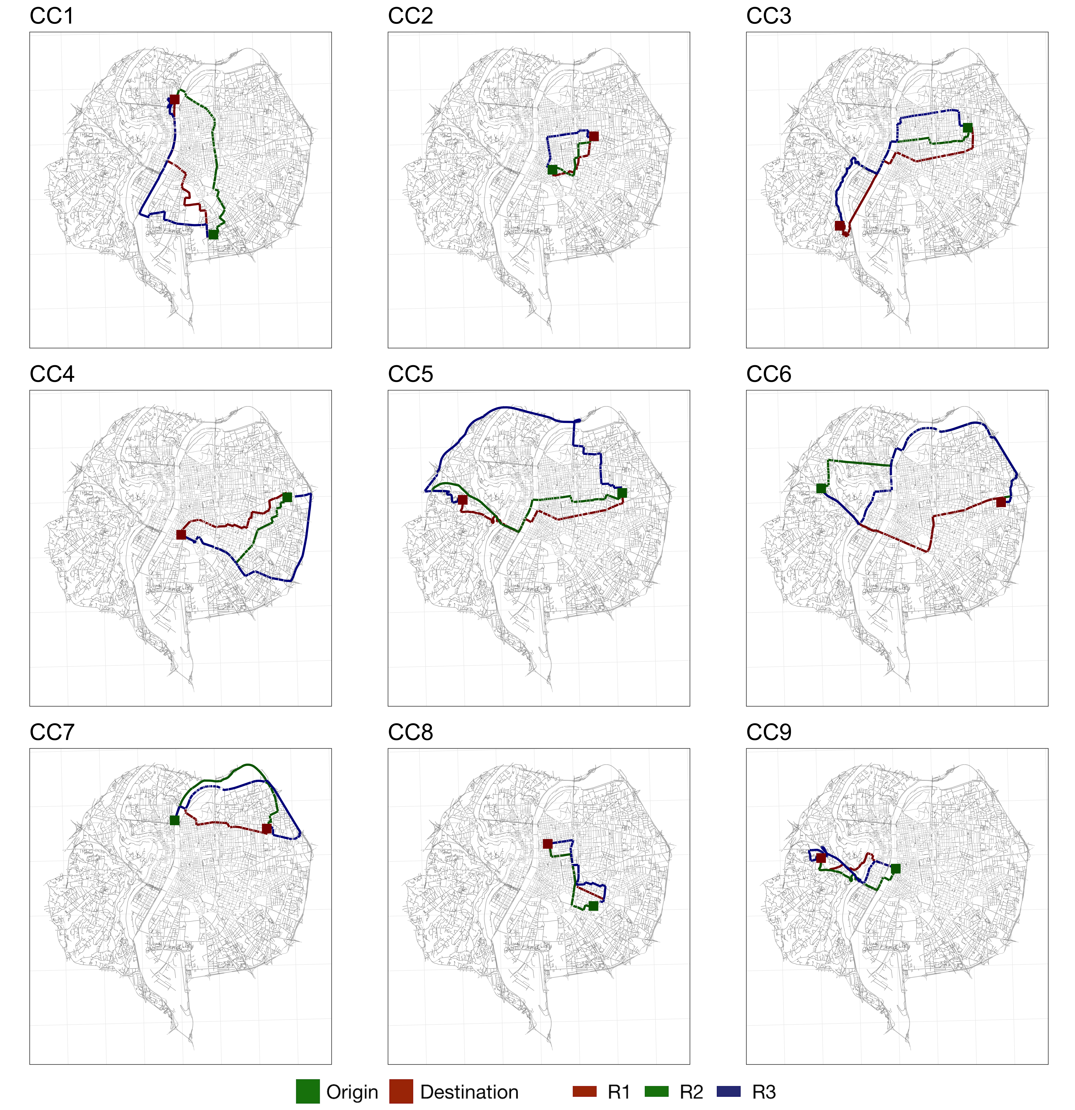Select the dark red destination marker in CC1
coord(175,99)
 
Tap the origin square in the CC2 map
coord(552,169)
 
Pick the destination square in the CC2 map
coord(594,136)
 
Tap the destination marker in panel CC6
coord(1001,502)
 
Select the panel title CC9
coord(769,732)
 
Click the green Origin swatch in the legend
coord(308,1091)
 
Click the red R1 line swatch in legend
coord(585,1091)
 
